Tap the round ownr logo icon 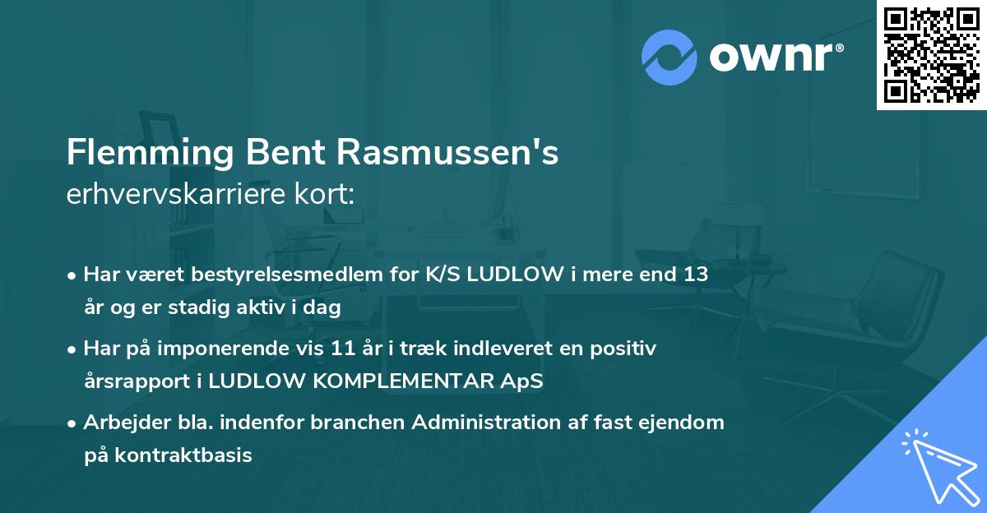(670, 57)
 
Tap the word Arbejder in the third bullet (122, 423)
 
